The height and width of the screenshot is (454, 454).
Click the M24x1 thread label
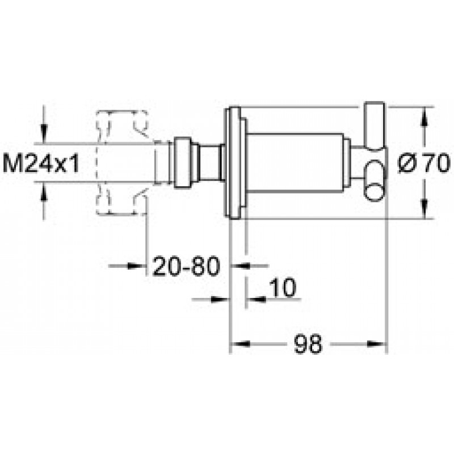tap(41, 163)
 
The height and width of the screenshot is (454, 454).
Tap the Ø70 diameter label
tap(424, 163)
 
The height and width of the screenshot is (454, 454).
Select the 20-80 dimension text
tap(186, 266)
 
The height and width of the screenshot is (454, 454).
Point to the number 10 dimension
tap(283, 288)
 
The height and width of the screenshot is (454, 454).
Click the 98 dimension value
tap(308, 344)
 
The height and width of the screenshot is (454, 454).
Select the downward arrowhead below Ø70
tap(424, 209)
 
